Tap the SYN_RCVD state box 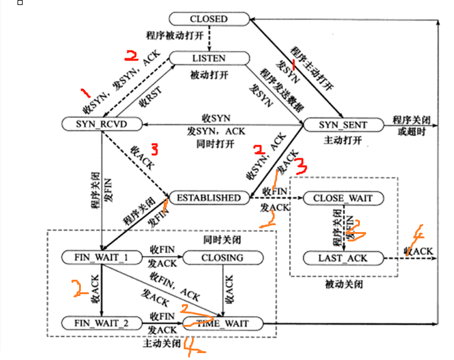[102, 124]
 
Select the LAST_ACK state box [342, 258]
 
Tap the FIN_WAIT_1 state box [101, 257]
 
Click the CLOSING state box [222, 257]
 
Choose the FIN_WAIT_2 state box [101, 324]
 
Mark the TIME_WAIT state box [224, 324]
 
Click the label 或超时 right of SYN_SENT [411, 132]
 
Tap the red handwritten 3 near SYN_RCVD [154, 149]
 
